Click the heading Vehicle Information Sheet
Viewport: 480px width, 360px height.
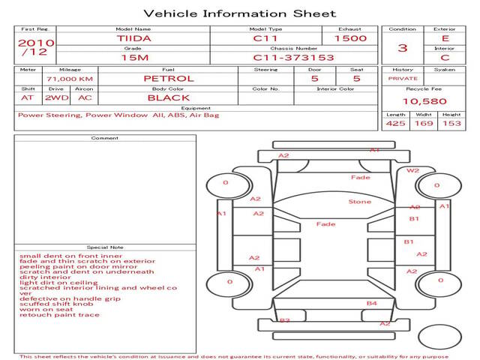[239, 13]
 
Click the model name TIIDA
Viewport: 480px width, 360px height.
[133, 38]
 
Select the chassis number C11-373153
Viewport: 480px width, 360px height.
[283, 57]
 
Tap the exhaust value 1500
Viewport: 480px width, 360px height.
[350, 38]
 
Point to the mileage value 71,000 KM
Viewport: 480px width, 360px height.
[69, 78]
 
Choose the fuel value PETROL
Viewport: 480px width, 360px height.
[169, 78]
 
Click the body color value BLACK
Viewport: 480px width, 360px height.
[169, 97]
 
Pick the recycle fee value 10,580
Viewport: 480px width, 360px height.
[425, 101]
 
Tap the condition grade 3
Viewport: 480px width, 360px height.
[403, 48]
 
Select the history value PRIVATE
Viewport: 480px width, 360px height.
[403, 78]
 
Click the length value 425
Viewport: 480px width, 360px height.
[396, 124]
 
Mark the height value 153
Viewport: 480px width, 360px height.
[451, 124]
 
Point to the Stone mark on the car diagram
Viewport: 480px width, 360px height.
[360, 202]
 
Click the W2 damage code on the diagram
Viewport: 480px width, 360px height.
[413, 170]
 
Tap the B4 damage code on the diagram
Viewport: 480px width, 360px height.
[371, 303]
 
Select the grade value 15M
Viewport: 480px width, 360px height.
[133, 57]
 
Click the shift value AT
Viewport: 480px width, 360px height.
[28, 97]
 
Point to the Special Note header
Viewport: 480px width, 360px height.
[105, 247]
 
